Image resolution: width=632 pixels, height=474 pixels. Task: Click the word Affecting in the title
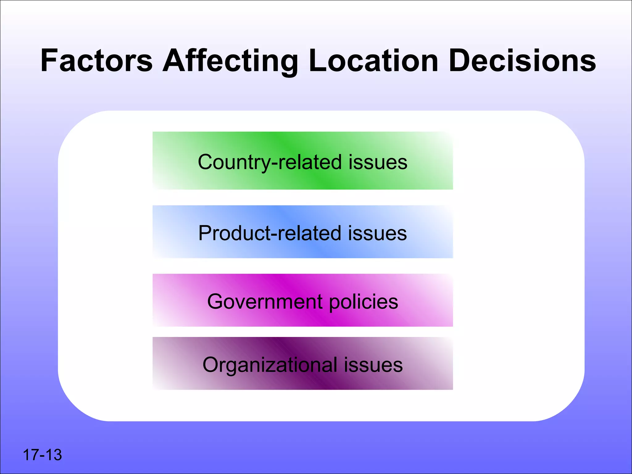pyautogui.click(x=230, y=61)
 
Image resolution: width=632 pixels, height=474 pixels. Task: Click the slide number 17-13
pyautogui.click(x=42, y=455)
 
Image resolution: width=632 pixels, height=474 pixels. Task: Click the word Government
pyautogui.click(x=265, y=301)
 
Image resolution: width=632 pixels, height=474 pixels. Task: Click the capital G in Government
pyautogui.click(x=215, y=301)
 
